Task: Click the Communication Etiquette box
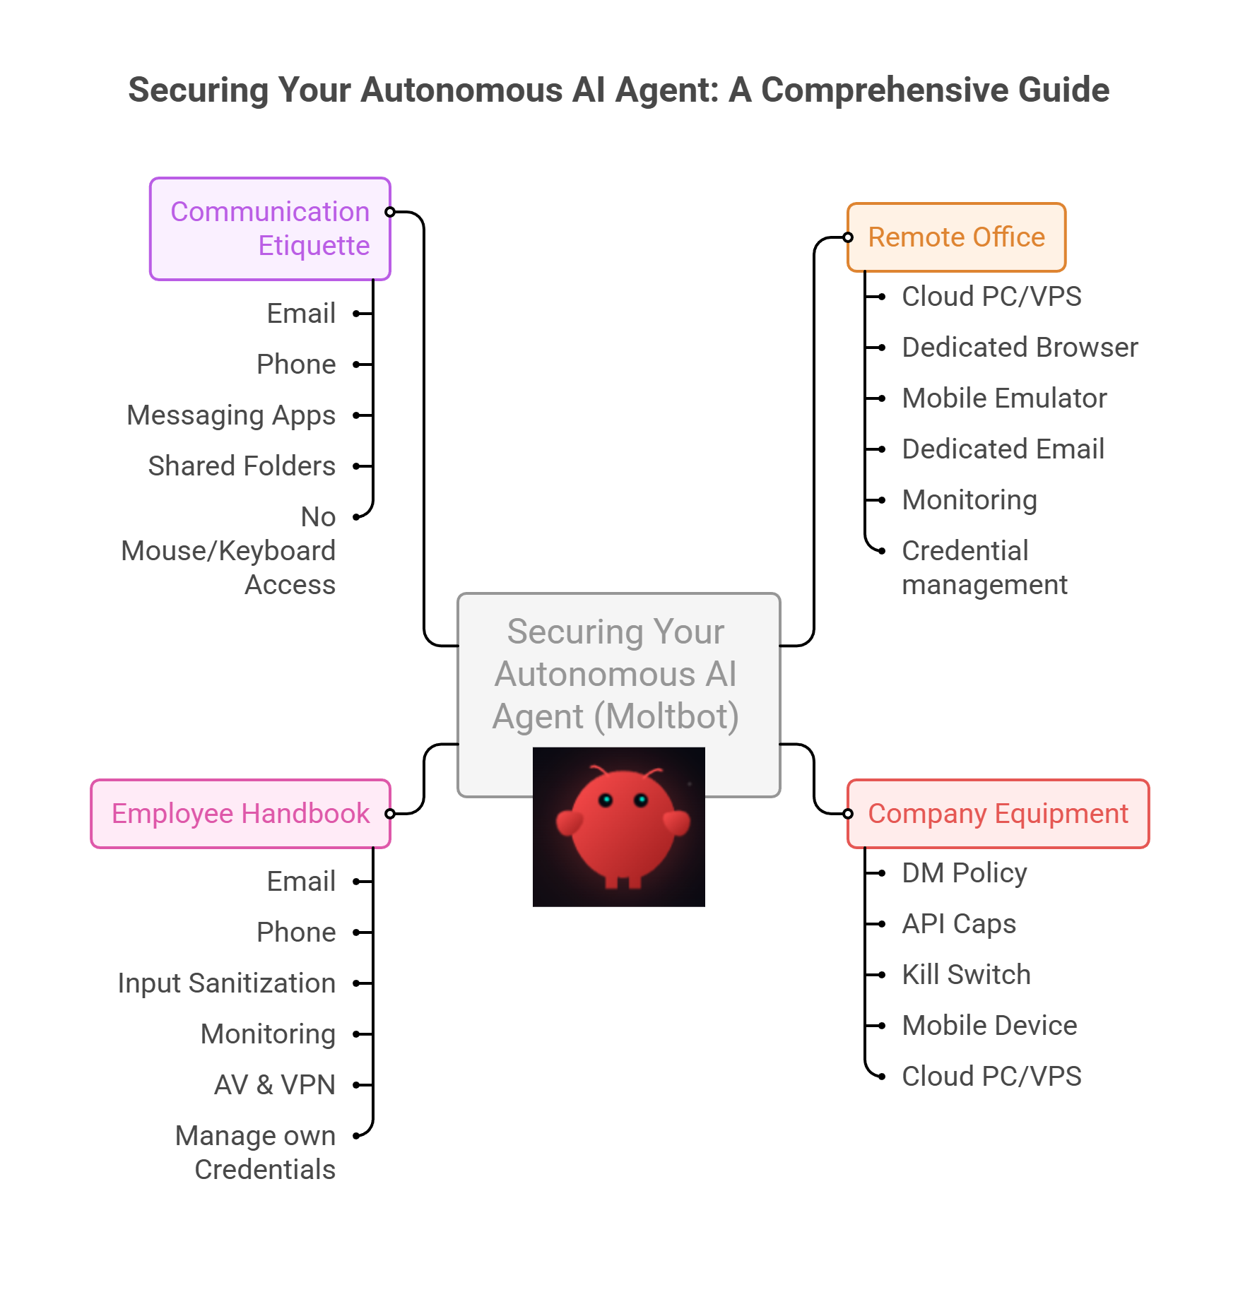270,229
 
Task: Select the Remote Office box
956,237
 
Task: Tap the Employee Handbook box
241,814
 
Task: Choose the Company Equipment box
998,814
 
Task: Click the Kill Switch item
966,975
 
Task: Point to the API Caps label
959,924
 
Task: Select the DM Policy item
965,873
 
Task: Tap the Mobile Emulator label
1004,398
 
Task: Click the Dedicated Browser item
1020,348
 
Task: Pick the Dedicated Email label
1003,449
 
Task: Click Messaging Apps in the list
231,415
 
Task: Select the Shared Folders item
242,466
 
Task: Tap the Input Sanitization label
227,983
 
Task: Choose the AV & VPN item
275,1085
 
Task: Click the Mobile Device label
989,1026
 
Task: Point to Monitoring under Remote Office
969,500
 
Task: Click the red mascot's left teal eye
606,800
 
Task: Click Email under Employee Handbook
302,882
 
